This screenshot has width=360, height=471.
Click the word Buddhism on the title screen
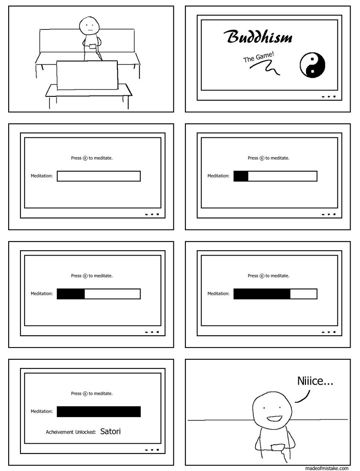coord(258,37)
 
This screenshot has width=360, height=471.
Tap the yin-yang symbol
coord(312,65)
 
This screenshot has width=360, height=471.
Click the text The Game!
coord(259,57)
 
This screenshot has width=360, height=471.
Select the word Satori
coord(110,431)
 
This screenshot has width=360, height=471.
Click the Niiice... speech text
coord(315,381)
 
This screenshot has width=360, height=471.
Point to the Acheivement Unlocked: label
coord(71,432)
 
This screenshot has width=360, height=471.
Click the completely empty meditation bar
coord(99,176)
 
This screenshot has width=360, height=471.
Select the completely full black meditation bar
coord(99,412)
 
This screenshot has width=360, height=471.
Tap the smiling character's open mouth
coord(274,418)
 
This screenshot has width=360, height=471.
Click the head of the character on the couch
coord(89,25)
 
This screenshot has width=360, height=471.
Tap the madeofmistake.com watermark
coord(326,468)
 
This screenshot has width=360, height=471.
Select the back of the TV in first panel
coord(87,75)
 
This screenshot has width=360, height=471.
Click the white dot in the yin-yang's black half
coord(313,72)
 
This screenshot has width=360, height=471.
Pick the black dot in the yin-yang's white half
coord(313,59)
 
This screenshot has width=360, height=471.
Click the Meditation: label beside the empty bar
coord(41,176)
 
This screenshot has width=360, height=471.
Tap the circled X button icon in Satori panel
coord(85,394)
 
